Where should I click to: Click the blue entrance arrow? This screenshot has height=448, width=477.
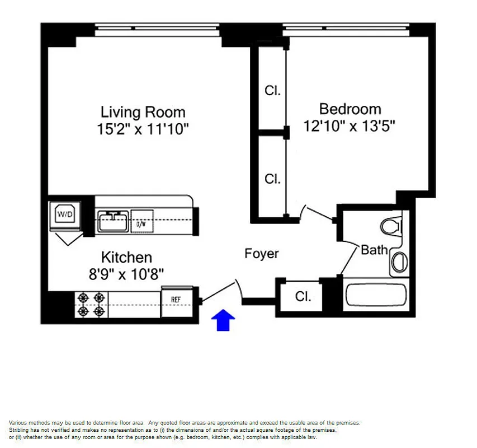pyautogui.click(x=223, y=320)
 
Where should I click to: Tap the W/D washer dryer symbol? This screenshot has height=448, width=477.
pyautogui.click(x=65, y=213)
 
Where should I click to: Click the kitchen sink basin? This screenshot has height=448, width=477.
pyautogui.click(x=113, y=221)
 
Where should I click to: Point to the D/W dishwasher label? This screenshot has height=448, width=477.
pyautogui.click(x=141, y=224)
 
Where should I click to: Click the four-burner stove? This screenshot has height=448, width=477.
pyautogui.click(x=91, y=304)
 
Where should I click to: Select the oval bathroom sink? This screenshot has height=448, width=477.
pyautogui.click(x=398, y=262)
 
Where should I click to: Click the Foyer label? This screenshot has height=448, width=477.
pyautogui.click(x=261, y=254)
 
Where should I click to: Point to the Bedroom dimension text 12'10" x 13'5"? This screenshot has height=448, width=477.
pyautogui.click(x=350, y=126)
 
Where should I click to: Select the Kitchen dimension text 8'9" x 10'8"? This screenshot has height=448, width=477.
pyautogui.click(x=126, y=274)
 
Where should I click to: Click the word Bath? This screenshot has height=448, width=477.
pyautogui.click(x=374, y=250)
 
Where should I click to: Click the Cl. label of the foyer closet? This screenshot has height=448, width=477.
pyautogui.click(x=303, y=296)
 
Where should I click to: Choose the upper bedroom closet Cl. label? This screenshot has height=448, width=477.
pyautogui.click(x=272, y=91)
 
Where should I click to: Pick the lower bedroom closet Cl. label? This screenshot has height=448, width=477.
pyautogui.click(x=272, y=179)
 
